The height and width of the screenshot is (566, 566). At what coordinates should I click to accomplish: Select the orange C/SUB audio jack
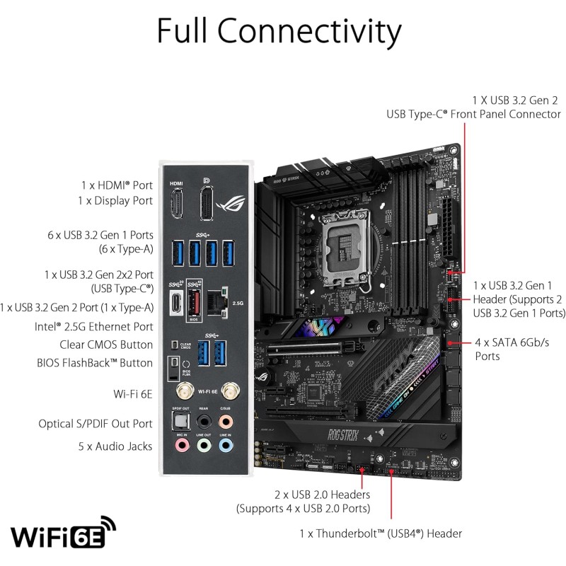point(226,421)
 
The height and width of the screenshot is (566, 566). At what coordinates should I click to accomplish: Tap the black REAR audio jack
point(204,421)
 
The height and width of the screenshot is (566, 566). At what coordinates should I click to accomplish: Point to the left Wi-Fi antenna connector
point(183,390)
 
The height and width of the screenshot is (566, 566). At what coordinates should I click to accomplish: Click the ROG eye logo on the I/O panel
point(230,204)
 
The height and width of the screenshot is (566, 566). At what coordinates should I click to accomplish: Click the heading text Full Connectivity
point(279,32)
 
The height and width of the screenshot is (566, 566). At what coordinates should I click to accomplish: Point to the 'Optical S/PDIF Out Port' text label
point(96,423)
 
